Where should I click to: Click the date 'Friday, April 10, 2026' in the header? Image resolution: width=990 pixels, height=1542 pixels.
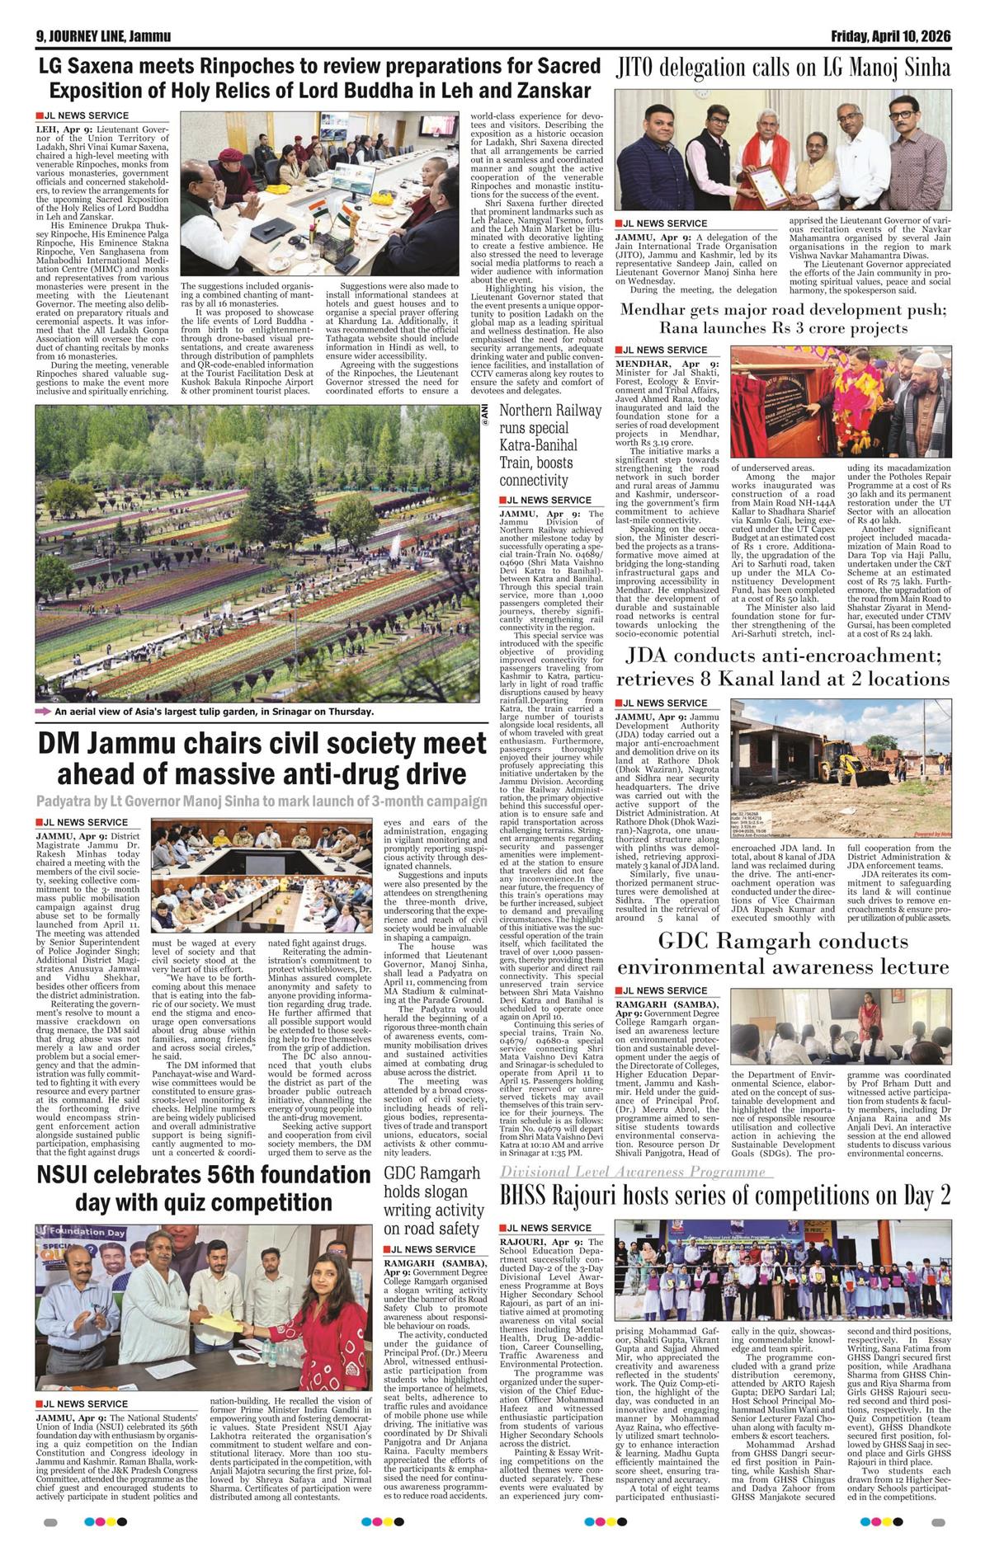click(x=890, y=36)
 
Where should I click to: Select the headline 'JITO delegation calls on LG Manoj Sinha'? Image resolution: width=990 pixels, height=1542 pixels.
click(x=783, y=68)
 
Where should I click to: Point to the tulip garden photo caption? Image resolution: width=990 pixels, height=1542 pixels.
click(x=214, y=712)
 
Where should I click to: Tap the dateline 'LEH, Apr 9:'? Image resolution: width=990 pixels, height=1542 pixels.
click(x=65, y=129)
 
